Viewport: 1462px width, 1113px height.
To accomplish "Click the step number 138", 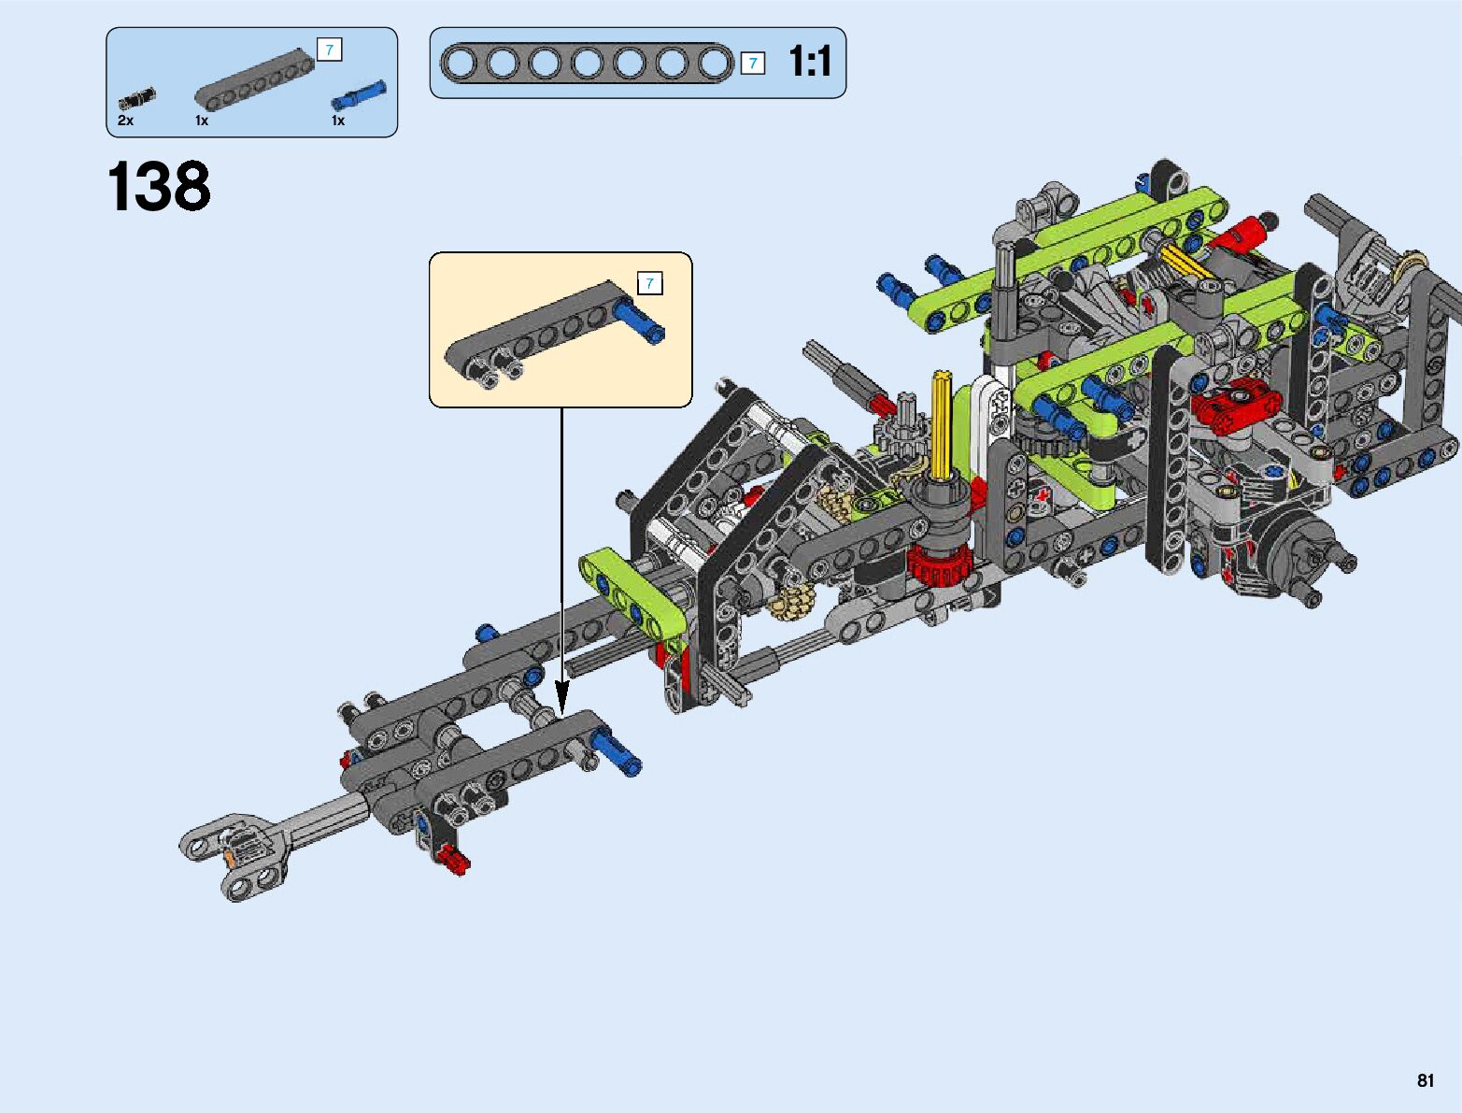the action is point(159,186).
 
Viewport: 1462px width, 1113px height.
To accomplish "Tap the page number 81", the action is point(1426,1080).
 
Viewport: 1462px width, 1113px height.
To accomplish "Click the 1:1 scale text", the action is point(809,62).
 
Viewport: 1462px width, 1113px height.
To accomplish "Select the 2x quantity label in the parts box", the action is point(126,121).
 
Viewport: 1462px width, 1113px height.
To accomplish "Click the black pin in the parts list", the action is point(137,98).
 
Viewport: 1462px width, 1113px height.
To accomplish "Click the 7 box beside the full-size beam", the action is point(753,64).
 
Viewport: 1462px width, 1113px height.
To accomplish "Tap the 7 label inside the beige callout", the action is point(649,283).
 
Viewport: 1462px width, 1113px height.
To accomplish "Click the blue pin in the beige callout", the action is point(639,321).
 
